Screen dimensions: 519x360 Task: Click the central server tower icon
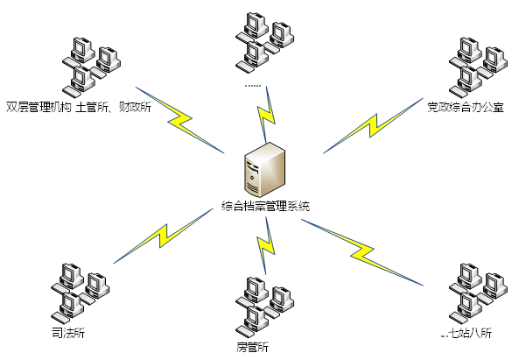(x=265, y=170)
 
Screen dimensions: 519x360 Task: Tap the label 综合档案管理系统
(x=266, y=207)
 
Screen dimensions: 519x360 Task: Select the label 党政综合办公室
(x=466, y=108)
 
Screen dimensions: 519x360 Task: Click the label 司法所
(x=68, y=333)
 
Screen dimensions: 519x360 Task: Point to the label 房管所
(x=253, y=347)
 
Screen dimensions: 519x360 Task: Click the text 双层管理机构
(x=39, y=108)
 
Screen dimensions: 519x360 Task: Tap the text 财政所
(x=135, y=108)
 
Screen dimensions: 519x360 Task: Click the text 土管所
(x=92, y=108)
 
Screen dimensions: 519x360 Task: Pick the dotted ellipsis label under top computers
(x=253, y=86)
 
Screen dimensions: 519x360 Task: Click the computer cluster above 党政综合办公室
(x=478, y=67)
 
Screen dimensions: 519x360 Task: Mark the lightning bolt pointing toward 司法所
(x=163, y=236)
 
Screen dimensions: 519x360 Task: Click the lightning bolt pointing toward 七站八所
(x=362, y=252)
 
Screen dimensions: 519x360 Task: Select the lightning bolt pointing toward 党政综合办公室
(x=373, y=126)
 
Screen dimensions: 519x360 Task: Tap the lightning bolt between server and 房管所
(x=266, y=246)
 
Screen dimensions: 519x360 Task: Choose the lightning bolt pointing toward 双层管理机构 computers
(x=180, y=120)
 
